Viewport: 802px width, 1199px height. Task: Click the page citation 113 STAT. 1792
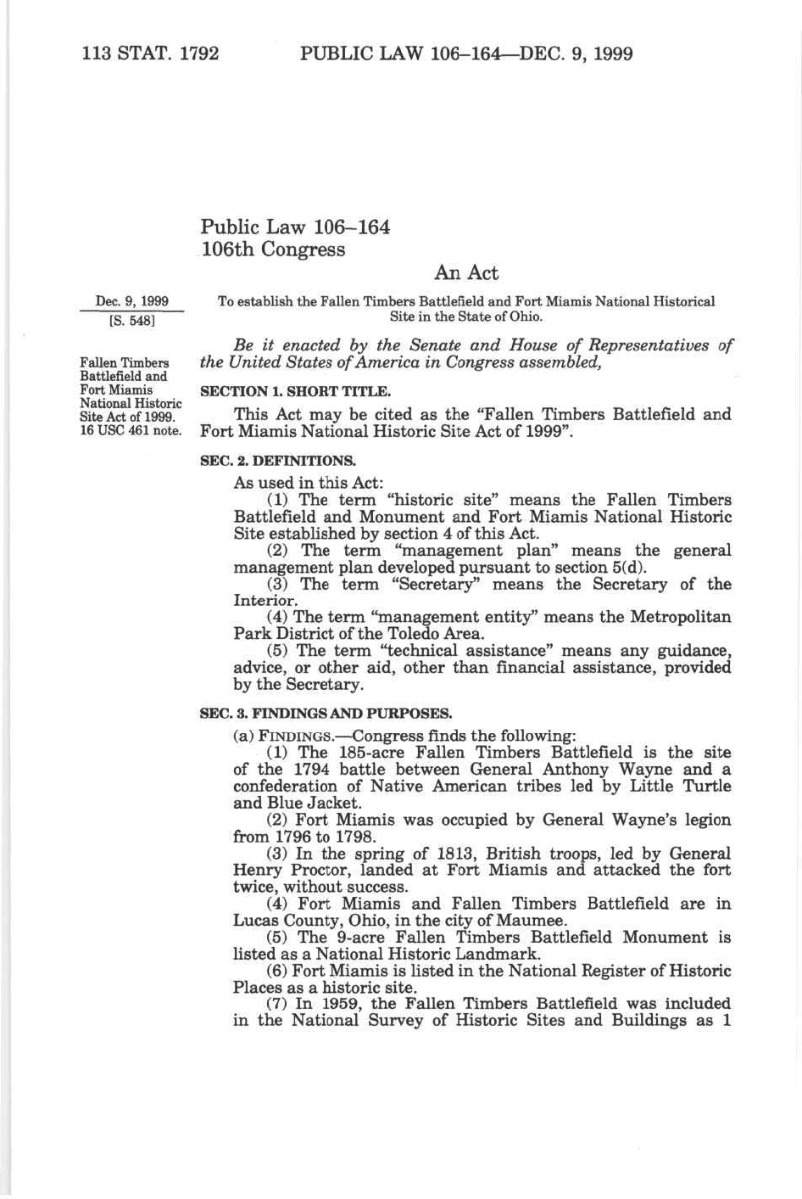[150, 54]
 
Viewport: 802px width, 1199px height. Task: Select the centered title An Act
[466, 273]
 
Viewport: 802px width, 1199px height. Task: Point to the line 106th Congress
[273, 249]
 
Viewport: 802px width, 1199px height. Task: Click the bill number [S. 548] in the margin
[131, 321]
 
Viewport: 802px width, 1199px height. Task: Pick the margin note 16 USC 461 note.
[131, 430]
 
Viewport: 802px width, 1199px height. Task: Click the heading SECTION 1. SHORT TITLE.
[295, 392]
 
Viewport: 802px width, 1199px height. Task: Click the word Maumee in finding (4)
[533, 921]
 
